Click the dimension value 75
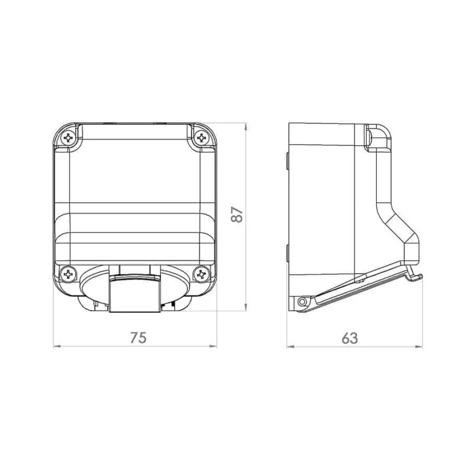[138, 337]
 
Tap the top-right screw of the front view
[202, 138]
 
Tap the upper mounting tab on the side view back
[286, 160]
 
